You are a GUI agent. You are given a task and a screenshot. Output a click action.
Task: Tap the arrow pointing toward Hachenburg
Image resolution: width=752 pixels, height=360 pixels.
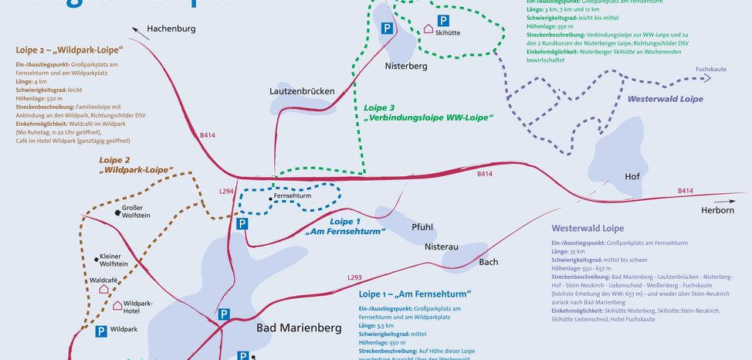tap(140, 32)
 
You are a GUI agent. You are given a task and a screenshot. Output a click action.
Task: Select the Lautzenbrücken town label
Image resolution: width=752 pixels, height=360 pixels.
tap(302, 91)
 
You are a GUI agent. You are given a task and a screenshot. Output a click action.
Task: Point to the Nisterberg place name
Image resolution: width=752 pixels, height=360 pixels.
tap(406, 66)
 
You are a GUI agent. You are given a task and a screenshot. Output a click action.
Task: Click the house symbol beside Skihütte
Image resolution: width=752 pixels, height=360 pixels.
tap(429, 29)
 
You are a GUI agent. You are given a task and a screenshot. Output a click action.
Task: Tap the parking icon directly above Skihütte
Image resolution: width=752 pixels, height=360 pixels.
tap(443, 20)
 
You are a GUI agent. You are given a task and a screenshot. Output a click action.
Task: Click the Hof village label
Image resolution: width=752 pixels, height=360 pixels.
tap(632, 177)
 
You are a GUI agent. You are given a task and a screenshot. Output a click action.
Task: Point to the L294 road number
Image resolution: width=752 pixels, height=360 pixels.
tap(226, 191)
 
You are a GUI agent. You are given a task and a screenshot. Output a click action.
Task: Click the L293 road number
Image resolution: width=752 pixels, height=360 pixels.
tap(354, 277)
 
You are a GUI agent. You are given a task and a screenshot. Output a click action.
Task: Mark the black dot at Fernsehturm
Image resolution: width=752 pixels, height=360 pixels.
tap(270, 199)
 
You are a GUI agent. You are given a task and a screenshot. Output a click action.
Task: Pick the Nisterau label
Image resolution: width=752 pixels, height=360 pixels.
tap(442, 247)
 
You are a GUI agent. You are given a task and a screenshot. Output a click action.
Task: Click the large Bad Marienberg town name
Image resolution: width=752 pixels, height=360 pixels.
tap(299, 328)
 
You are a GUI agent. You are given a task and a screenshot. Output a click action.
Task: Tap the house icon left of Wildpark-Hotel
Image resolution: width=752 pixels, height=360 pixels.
tap(117, 306)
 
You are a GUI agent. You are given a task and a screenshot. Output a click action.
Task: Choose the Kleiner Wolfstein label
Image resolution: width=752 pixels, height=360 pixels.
tap(113, 260)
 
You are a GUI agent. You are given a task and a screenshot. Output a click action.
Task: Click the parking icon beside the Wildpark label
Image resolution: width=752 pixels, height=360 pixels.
tap(100, 331)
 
